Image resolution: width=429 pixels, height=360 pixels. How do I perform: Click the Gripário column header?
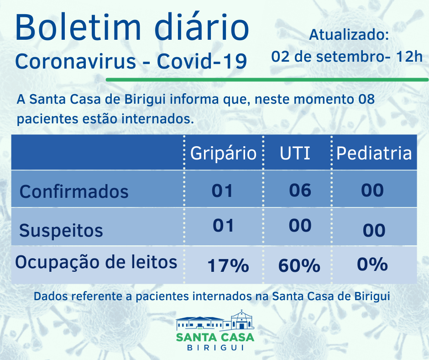point(223,154)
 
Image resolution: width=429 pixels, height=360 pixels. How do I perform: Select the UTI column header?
point(295,154)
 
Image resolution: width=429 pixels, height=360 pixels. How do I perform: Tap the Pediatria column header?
point(374,154)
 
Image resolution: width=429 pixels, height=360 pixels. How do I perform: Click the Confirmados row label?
point(74,191)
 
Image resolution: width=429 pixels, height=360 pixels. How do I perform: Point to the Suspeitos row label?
point(61,230)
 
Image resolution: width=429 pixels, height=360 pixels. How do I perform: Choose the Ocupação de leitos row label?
point(96,262)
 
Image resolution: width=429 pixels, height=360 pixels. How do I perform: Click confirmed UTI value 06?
point(300,190)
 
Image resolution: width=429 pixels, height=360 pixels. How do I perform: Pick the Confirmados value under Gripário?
point(223,191)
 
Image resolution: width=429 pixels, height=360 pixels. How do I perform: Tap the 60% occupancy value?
point(299,265)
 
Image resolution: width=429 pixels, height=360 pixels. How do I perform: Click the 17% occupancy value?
point(228,265)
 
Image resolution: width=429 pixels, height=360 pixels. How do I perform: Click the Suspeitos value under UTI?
point(300,226)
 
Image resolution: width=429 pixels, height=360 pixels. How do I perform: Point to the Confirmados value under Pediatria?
point(372,190)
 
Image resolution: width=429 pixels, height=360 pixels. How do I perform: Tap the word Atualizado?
point(349,35)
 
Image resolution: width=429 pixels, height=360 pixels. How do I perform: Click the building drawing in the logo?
point(215,322)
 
